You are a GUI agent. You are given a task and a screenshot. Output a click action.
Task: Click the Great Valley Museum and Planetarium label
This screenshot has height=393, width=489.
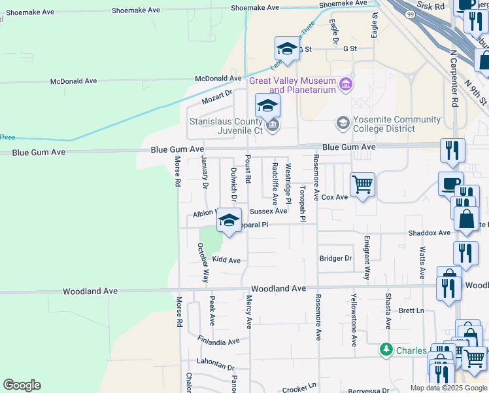292,85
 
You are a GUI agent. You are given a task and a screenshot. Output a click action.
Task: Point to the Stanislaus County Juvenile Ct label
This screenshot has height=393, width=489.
226,126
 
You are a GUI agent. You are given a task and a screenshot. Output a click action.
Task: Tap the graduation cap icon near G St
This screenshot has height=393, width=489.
287,48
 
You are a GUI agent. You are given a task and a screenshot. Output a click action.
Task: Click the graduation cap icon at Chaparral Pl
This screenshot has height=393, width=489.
229,220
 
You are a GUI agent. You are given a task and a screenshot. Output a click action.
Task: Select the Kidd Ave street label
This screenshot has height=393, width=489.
226,260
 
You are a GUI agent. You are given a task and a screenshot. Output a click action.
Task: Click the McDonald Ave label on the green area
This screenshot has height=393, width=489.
74,81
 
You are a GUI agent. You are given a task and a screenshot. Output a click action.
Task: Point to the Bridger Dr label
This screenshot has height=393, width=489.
335,258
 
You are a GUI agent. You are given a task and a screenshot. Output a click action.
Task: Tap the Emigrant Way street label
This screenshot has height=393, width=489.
367,258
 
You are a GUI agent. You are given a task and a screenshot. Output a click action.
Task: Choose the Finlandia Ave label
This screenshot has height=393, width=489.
219,341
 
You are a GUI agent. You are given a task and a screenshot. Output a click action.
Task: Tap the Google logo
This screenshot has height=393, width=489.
22,385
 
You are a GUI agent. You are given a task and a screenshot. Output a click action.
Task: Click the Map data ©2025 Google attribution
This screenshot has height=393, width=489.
448,388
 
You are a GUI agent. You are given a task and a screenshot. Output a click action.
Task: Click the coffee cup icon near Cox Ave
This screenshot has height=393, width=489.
450,183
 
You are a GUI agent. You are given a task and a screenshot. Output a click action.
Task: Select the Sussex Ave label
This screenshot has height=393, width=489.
268,211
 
